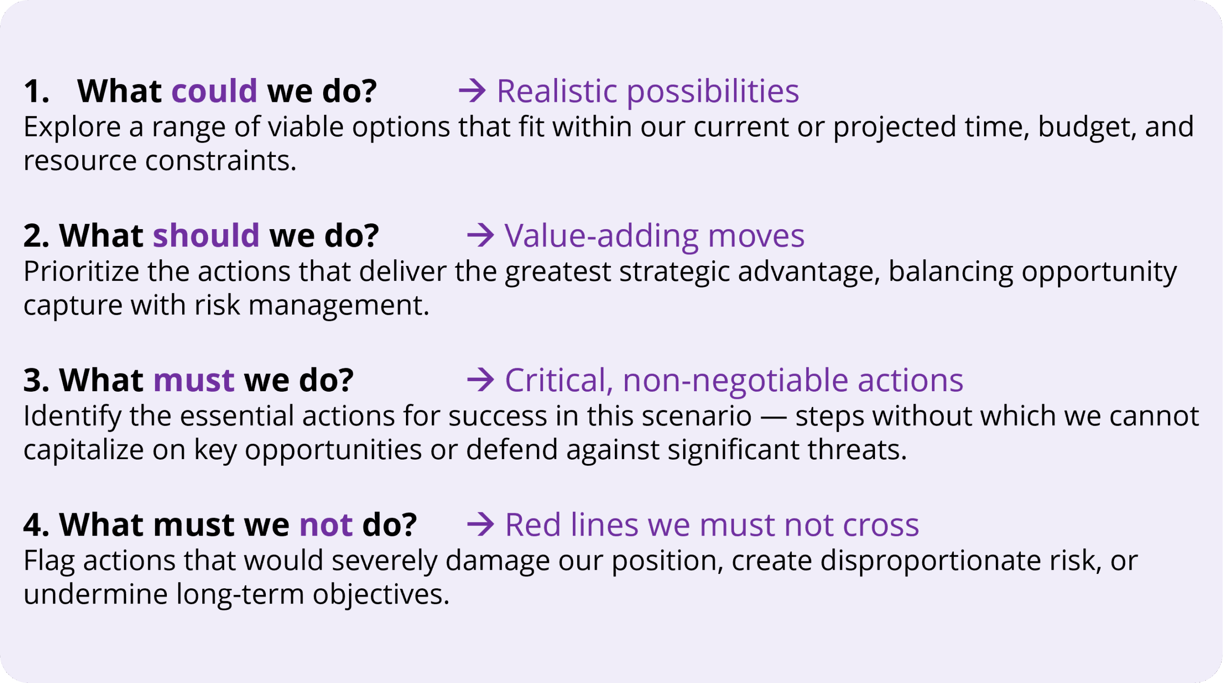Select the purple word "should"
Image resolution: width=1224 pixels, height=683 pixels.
pyautogui.click(x=206, y=235)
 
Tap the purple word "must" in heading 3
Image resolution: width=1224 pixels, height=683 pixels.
pyautogui.click(x=194, y=381)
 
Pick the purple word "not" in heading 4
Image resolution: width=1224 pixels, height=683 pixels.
pyautogui.click(x=326, y=525)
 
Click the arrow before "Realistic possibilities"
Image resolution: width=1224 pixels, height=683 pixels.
pyautogui.click(x=472, y=91)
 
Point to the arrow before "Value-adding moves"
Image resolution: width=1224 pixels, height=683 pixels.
pyautogui.click(x=481, y=235)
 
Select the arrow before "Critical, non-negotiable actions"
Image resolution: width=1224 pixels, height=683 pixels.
pyautogui.click(x=481, y=380)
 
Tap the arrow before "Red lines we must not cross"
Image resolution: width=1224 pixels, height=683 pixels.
pyautogui.click(x=481, y=525)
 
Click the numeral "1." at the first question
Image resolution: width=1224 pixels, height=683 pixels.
pyautogui.click(x=36, y=91)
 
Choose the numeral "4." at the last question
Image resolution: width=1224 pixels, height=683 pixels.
pyautogui.click(x=36, y=525)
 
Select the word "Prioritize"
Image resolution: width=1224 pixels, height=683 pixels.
pyautogui.click(x=81, y=272)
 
